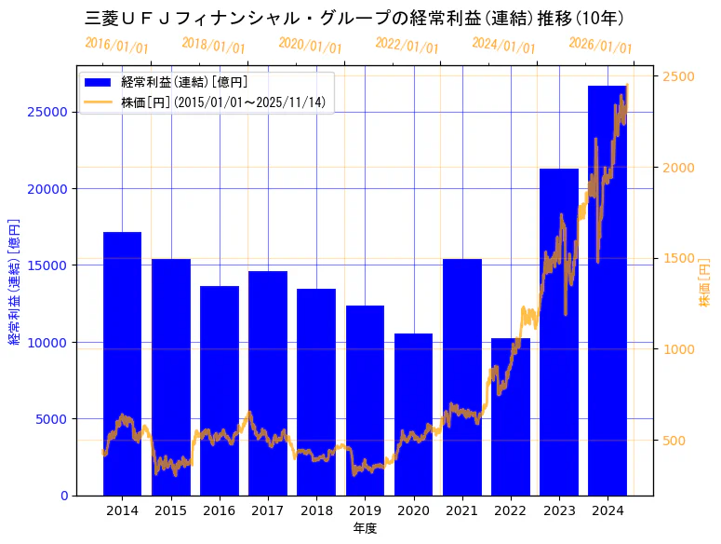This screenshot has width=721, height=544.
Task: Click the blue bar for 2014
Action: [x=122, y=363]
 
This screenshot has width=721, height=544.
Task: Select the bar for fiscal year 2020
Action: [x=413, y=414]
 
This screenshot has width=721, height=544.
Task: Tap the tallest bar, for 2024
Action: [x=607, y=290]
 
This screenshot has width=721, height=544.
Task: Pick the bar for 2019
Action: [x=365, y=400]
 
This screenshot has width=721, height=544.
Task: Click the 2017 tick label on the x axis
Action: [x=268, y=510]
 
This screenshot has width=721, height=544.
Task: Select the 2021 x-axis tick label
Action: [x=461, y=510]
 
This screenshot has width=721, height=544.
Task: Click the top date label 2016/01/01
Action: [x=116, y=46]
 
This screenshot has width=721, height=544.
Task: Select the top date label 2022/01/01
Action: [x=407, y=46]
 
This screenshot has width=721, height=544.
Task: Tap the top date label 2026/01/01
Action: [x=600, y=46]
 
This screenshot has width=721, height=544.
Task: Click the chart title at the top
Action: [x=354, y=18]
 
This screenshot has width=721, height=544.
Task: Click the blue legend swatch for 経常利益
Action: [x=97, y=83]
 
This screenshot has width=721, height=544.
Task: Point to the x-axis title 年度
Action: [x=365, y=528]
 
